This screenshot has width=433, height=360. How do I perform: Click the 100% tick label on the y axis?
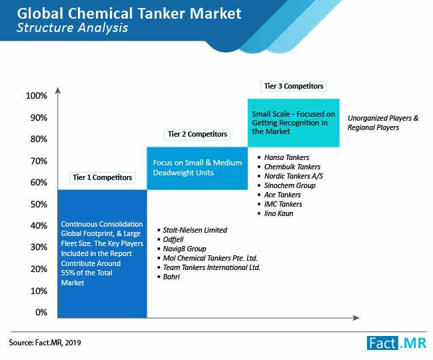pyautogui.click(x=37, y=96)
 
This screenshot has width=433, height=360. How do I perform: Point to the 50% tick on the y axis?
pyautogui.click(x=39, y=205)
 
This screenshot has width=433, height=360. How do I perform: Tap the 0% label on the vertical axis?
pyautogui.click(x=41, y=313)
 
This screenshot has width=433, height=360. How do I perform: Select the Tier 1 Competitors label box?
pyautogui.click(x=102, y=177)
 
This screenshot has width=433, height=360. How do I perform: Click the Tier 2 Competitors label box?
pyautogui.click(x=197, y=134)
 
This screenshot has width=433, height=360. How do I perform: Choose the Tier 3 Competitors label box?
pyautogui.click(x=294, y=86)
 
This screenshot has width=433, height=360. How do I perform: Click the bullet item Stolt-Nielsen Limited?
pyautogui.click(x=193, y=230)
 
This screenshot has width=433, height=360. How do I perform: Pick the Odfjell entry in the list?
pyautogui.click(x=171, y=239)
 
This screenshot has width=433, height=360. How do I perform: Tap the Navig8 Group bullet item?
pyautogui.click(x=182, y=249)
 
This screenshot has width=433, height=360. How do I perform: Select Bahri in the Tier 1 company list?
pyautogui.click(x=169, y=277)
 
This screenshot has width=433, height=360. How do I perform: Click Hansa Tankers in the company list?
pyautogui.click(x=283, y=157)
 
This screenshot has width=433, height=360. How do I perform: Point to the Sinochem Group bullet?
pyautogui.click(x=286, y=185)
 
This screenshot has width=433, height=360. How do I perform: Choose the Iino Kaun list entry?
pyautogui.click(x=275, y=213)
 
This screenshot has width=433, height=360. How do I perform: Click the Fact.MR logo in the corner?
pyautogui.click(x=396, y=343)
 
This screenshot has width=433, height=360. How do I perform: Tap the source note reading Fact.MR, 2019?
pyautogui.click(x=45, y=343)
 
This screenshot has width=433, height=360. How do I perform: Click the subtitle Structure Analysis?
pyautogui.click(x=73, y=27)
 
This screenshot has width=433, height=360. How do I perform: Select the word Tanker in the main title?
pyautogui.click(x=161, y=13)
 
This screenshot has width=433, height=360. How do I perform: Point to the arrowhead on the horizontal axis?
pyautogui.click(x=356, y=318)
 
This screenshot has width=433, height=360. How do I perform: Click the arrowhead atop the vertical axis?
pyautogui.click(x=58, y=91)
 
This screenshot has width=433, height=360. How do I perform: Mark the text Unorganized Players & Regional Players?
pyautogui.click(x=383, y=123)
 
